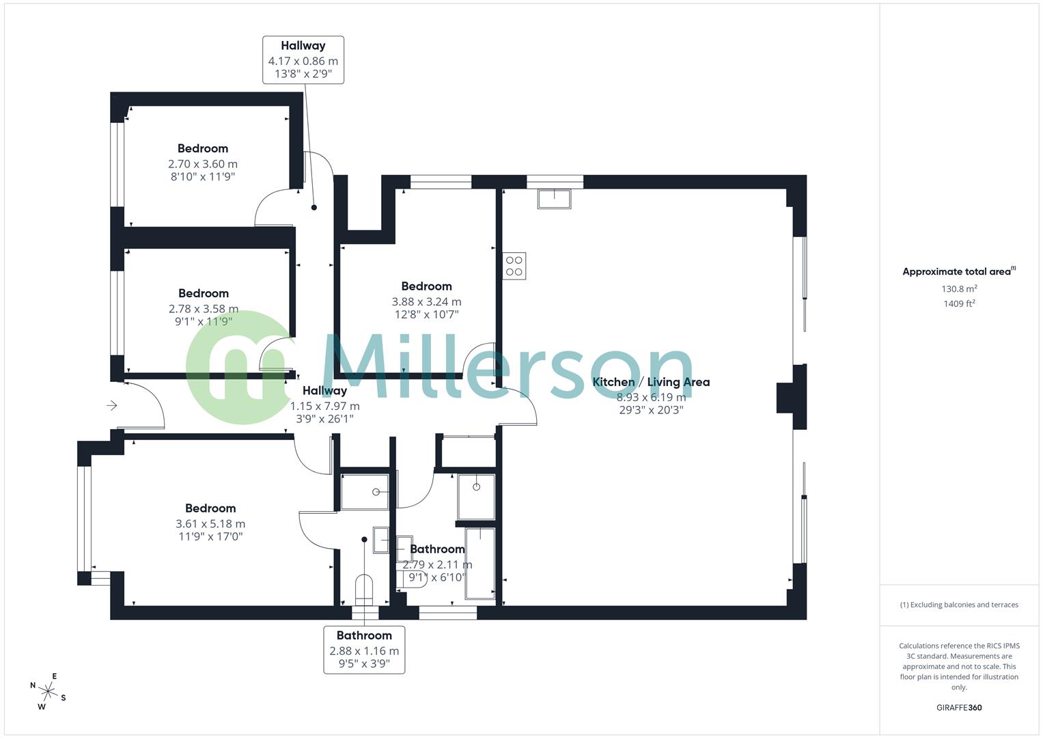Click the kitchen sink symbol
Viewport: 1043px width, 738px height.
click(x=555, y=199)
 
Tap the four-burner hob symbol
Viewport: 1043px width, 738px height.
click(x=514, y=266)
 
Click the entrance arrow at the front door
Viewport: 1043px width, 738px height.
click(x=112, y=406)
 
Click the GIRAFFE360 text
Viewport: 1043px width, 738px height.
click(x=958, y=707)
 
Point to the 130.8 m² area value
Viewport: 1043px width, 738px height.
click(x=959, y=289)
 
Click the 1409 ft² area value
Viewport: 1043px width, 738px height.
click(x=959, y=304)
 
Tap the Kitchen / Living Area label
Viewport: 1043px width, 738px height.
click(x=651, y=382)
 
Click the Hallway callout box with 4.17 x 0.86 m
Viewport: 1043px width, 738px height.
click(x=303, y=60)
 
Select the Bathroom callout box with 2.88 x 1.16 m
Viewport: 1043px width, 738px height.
click(x=364, y=649)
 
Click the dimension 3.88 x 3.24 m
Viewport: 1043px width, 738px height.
click(x=426, y=301)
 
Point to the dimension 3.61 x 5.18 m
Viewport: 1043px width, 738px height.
click(x=210, y=523)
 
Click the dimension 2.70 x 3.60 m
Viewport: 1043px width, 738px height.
click(x=203, y=164)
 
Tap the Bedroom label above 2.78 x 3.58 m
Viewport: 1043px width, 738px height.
click(x=204, y=293)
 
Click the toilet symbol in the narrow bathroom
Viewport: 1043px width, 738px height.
click(x=364, y=589)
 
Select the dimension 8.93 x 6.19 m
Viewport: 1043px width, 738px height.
click(x=651, y=397)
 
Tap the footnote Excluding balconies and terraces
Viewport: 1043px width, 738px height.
click(x=959, y=605)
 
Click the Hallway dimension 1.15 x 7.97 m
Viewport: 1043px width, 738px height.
click(x=325, y=406)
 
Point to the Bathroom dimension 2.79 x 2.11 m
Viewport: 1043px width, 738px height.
click(x=437, y=564)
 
